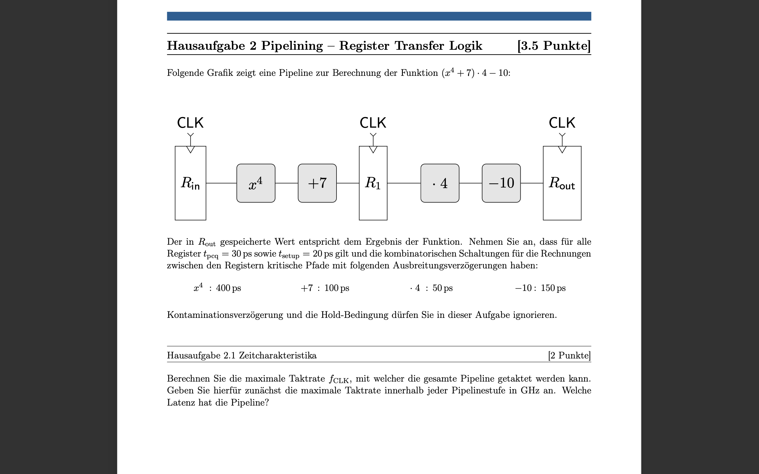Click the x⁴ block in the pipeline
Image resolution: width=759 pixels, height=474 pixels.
click(256, 183)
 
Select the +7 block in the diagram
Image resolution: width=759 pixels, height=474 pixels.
click(317, 183)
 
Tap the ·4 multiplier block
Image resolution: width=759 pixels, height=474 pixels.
click(440, 183)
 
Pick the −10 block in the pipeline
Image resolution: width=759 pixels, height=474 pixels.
click(501, 183)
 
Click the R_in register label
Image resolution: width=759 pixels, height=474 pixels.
click(190, 183)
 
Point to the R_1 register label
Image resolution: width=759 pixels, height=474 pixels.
click(373, 183)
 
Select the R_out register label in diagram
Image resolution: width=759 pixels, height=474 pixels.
click(562, 183)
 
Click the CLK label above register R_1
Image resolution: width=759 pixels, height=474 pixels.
click(373, 123)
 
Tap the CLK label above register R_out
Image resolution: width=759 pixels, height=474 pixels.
click(562, 123)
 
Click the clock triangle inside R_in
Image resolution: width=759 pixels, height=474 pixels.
click(190, 149)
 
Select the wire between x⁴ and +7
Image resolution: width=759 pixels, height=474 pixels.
click(286, 183)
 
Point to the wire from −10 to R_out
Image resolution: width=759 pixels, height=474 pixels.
click(532, 183)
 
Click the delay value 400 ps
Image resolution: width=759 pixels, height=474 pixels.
click(228, 288)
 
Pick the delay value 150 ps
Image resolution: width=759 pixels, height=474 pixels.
click(553, 288)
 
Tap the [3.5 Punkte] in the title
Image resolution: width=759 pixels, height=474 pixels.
click(554, 46)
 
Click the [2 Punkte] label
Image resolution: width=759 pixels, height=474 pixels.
click(569, 355)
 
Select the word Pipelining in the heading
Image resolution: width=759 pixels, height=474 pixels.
click(292, 46)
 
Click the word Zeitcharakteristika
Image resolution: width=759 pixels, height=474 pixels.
click(278, 355)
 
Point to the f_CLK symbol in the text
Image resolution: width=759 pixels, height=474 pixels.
click(339, 379)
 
